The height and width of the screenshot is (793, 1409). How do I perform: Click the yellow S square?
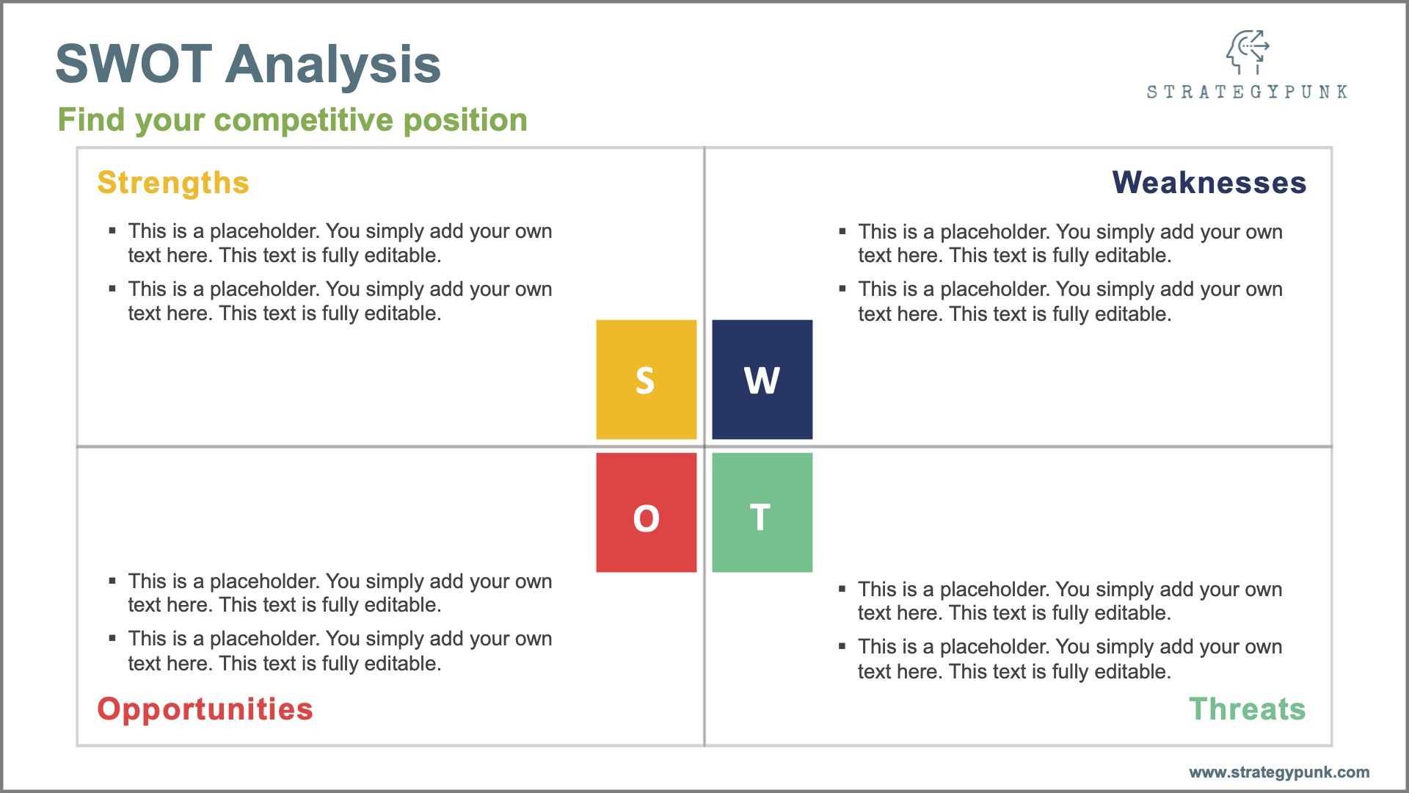pyautogui.click(x=646, y=380)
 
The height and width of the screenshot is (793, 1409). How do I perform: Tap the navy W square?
pyautogui.click(x=762, y=380)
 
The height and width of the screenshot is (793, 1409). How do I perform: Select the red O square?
pyautogui.click(x=646, y=513)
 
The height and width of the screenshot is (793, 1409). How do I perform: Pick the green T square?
pyautogui.click(x=762, y=513)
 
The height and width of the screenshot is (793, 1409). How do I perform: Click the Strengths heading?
pyautogui.click(x=173, y=183)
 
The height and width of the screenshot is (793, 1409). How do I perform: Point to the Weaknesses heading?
pyautogui.click(x=1209, y=183)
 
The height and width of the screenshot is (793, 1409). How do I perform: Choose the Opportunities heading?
pyautogui.click(x=205, y=709)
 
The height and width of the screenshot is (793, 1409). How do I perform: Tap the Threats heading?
pyautogui.click(x=1247, y=709)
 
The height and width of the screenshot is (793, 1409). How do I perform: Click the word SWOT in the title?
pyautogui.click(x=134, y=65)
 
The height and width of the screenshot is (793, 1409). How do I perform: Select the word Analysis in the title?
pyautogui.click(x=333, y=65)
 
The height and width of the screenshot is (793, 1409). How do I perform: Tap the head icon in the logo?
pyautogui.click(x=1247, y=51)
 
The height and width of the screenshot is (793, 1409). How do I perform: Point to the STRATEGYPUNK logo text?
pyautogui.click(x=1247, y=93)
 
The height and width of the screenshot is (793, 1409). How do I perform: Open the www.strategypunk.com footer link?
pyautogui.click(x=1278, y=772)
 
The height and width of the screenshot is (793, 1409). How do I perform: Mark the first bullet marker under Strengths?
pyautogui.click(x=112, y=231)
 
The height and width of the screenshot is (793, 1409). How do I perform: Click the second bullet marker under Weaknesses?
pyautogui.click(x=842, y=289)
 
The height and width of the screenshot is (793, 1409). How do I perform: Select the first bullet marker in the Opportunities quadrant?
pyautogui.click(x=112, y=581)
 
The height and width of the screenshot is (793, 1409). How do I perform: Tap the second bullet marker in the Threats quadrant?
pyautogui.click(x=842, y=647)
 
